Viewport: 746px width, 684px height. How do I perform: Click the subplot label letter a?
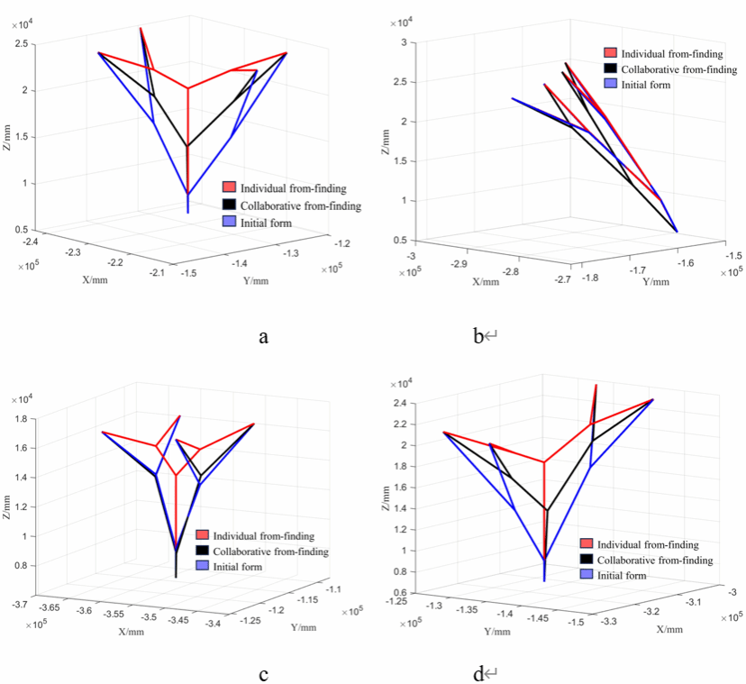(x=263, y=337)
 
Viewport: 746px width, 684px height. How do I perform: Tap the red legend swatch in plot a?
(x=230, y=187)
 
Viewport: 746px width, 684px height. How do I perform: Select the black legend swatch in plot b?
(x=611, y=68)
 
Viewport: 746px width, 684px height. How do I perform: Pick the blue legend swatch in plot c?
(x=202, y=567)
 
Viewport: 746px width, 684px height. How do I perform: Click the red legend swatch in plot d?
(x=586, y=544)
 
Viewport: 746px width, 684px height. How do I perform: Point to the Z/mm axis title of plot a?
(x=12, y=136)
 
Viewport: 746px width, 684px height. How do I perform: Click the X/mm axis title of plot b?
(x=486, y=282)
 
